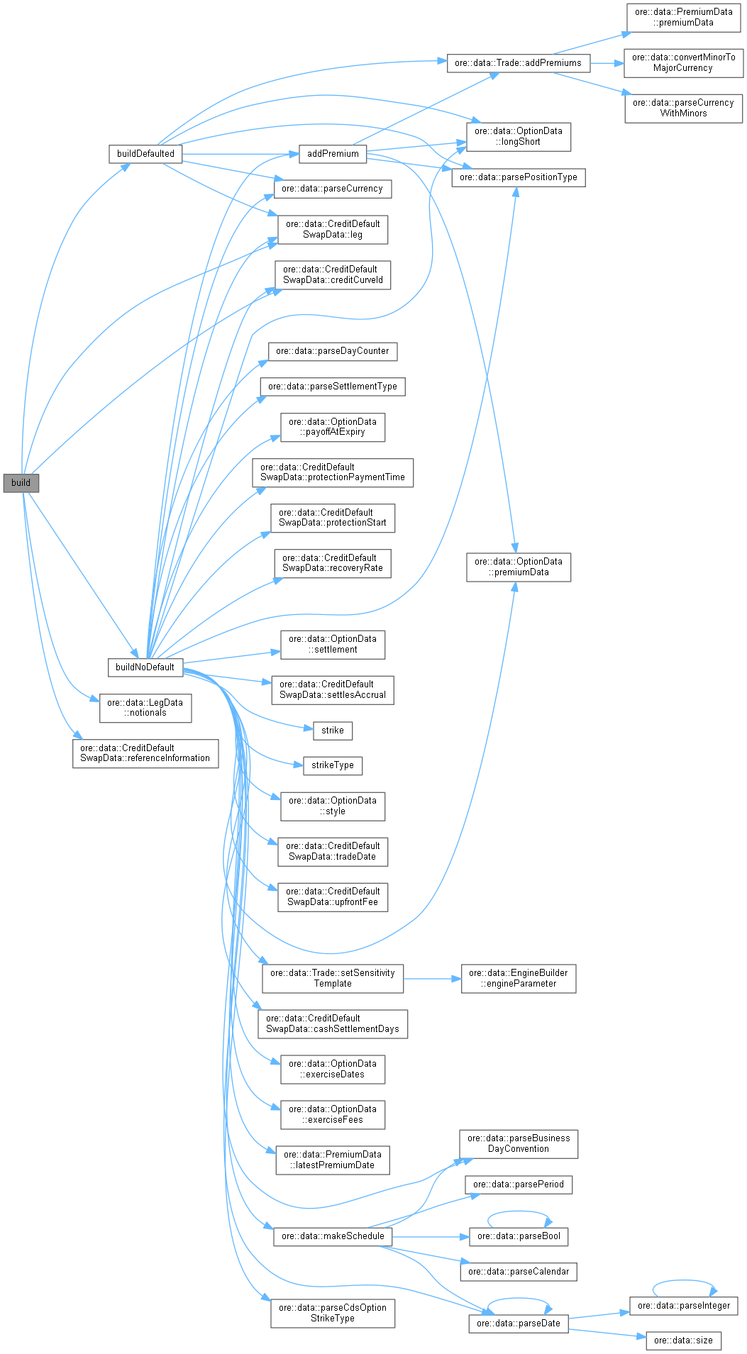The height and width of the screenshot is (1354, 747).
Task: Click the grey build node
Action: [x=21, y=483]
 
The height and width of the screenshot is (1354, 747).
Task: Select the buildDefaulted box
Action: [x=145, y=154]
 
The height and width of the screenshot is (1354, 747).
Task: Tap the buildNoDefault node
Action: [x=145, y=667]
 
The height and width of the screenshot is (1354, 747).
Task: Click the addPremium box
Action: [x=333, y=154]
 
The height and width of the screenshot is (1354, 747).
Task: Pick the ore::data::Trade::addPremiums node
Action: [x=518, y=63]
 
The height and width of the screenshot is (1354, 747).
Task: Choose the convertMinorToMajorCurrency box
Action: [x=683, y=63]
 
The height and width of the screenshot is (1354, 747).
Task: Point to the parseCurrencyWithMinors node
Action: [x=683, y=108]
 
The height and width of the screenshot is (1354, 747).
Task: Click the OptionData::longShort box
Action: [x=518, y=136]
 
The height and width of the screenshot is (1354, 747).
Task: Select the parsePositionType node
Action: [x=518, y=177]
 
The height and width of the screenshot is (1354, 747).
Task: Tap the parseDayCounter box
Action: [x=332, y=351]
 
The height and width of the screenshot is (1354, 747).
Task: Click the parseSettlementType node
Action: [x=332, y=387]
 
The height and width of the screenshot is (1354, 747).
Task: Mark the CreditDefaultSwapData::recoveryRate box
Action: [x=332, y=563]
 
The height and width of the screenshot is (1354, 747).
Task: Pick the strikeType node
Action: [x=332, y=765]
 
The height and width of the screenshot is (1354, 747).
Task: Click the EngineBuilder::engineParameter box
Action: [x=518, y=978]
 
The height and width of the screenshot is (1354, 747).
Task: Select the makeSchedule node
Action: [x=332, y=1236]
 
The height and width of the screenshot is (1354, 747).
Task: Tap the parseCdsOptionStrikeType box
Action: [x=332, y=1313]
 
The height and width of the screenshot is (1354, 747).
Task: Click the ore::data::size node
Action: [x=683, y=1340]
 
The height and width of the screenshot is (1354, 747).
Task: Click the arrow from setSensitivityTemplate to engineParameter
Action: [x=432, y=979]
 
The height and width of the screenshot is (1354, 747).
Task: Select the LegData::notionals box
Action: [x=145, y=708]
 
